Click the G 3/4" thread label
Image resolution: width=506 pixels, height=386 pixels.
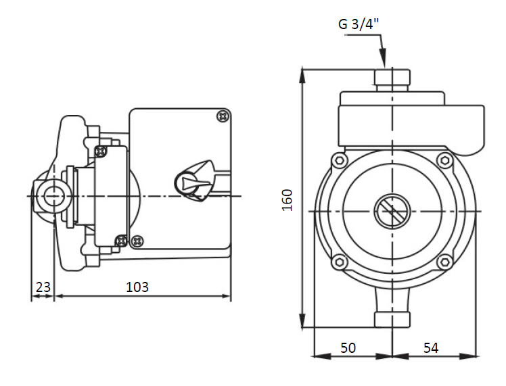[x=359, y=24]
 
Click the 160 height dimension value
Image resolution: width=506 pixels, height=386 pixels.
[x=287, y=200]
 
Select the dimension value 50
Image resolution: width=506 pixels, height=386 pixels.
[x=348, y=347]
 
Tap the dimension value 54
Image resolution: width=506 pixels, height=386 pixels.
[x=431, y=347]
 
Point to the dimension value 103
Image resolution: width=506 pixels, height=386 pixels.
[x=137, y=287]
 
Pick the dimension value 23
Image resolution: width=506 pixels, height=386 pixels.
[x=43, y=287]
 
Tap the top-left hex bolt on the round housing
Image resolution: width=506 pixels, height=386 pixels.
[x=340, y=160]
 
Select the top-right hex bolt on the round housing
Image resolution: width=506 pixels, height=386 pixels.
[x=446, y=160]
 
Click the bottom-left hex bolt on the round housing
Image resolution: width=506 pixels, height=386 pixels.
[x=340, y=262]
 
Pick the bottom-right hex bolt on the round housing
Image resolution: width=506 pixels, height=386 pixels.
[x=446, y=262]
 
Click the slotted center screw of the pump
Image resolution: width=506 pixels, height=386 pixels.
[x=392, y=212]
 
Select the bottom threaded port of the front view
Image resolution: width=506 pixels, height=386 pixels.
[x=392, y=319]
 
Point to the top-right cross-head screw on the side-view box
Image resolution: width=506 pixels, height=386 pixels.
[x=223, y=116]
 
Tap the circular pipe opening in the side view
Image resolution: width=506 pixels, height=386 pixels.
[x=50, y=196]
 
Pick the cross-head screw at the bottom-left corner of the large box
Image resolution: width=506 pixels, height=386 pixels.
[x=137, y=241]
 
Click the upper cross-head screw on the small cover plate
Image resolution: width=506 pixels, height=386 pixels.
[x=101, y=151]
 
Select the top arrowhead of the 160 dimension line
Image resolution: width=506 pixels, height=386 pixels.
[x=302, y=76]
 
